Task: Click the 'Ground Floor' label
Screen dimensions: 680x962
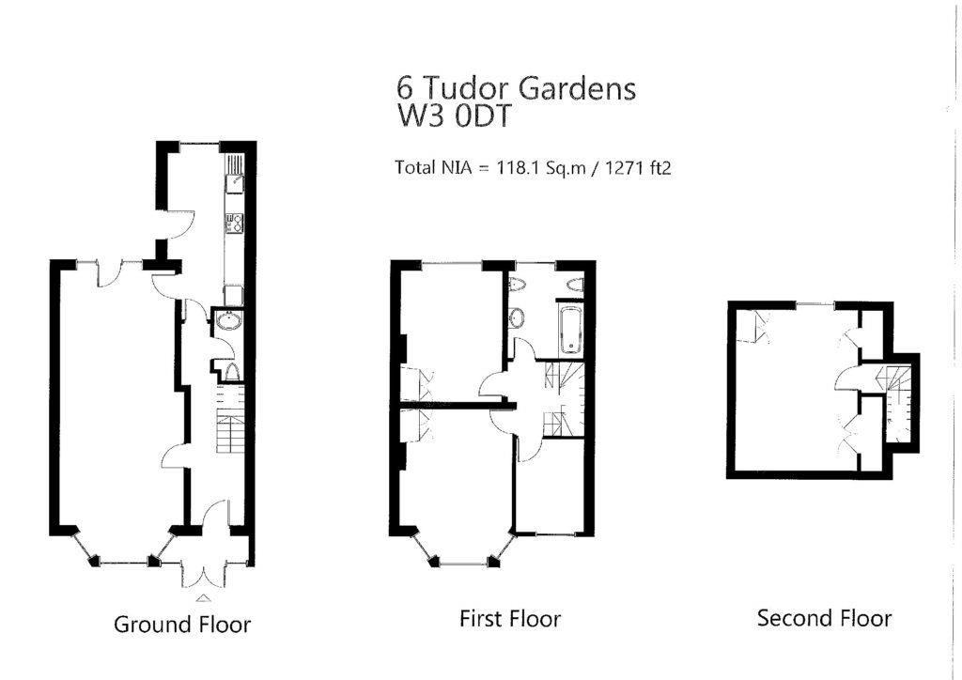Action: [x=182, y=624]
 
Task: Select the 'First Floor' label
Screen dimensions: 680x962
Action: [x=509, y=619]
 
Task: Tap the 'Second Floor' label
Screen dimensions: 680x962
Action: [x=824, y=618]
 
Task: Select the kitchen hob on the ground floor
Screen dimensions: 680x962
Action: [x=233, y=224]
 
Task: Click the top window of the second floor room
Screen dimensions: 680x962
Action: [x=815, y=302]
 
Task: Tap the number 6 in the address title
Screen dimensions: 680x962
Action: [x=405, y=88]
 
